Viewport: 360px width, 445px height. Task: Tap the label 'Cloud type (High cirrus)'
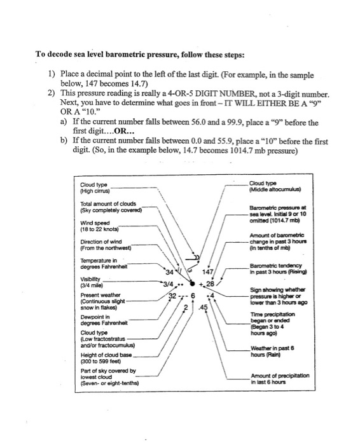tap(92, 187)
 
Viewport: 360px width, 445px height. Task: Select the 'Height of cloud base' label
tap(102, 358)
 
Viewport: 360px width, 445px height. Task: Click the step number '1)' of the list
tap(52, 75)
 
